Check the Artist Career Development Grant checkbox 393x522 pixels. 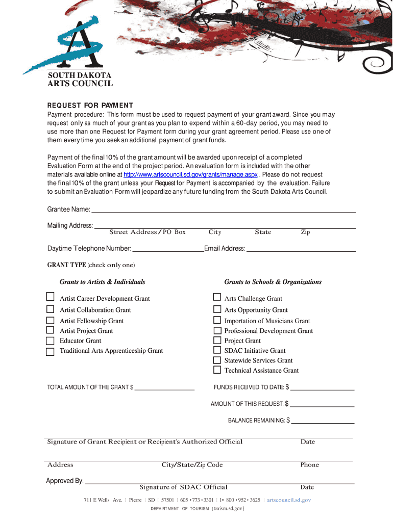pyautogui.click(x=50, y=297)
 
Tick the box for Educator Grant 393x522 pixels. pyautogui.click(x=50, y=341)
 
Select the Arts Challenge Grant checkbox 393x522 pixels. pyautogui.click(x=217, y=297)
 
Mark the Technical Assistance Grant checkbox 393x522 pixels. pyautogui.click(x=217, y=370)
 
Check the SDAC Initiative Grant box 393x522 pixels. pyautogui.click(x=217, y=350)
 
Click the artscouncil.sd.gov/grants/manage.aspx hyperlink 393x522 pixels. pyautogui.click(x=190, y=174)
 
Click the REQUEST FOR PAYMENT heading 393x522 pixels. pyautogui.click(x=90, y=106)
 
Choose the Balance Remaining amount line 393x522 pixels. pyautogui.click(x=323, y=422)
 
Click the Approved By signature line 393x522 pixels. pyautogui.click(x=219, y=482)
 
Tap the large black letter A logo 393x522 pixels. pyautogui.click(x=77, y=46)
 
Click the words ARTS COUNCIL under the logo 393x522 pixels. pyautogui.click(x=80, y=84)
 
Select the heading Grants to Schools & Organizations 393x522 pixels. pyautogui.click(x=273, y=282)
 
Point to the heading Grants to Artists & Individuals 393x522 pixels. pyautogui.click(x=103, y=282)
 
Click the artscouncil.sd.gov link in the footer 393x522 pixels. pyautogui.click(x=289, y=500)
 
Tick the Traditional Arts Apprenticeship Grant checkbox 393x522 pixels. pyautogui.click(x=50, y=352)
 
